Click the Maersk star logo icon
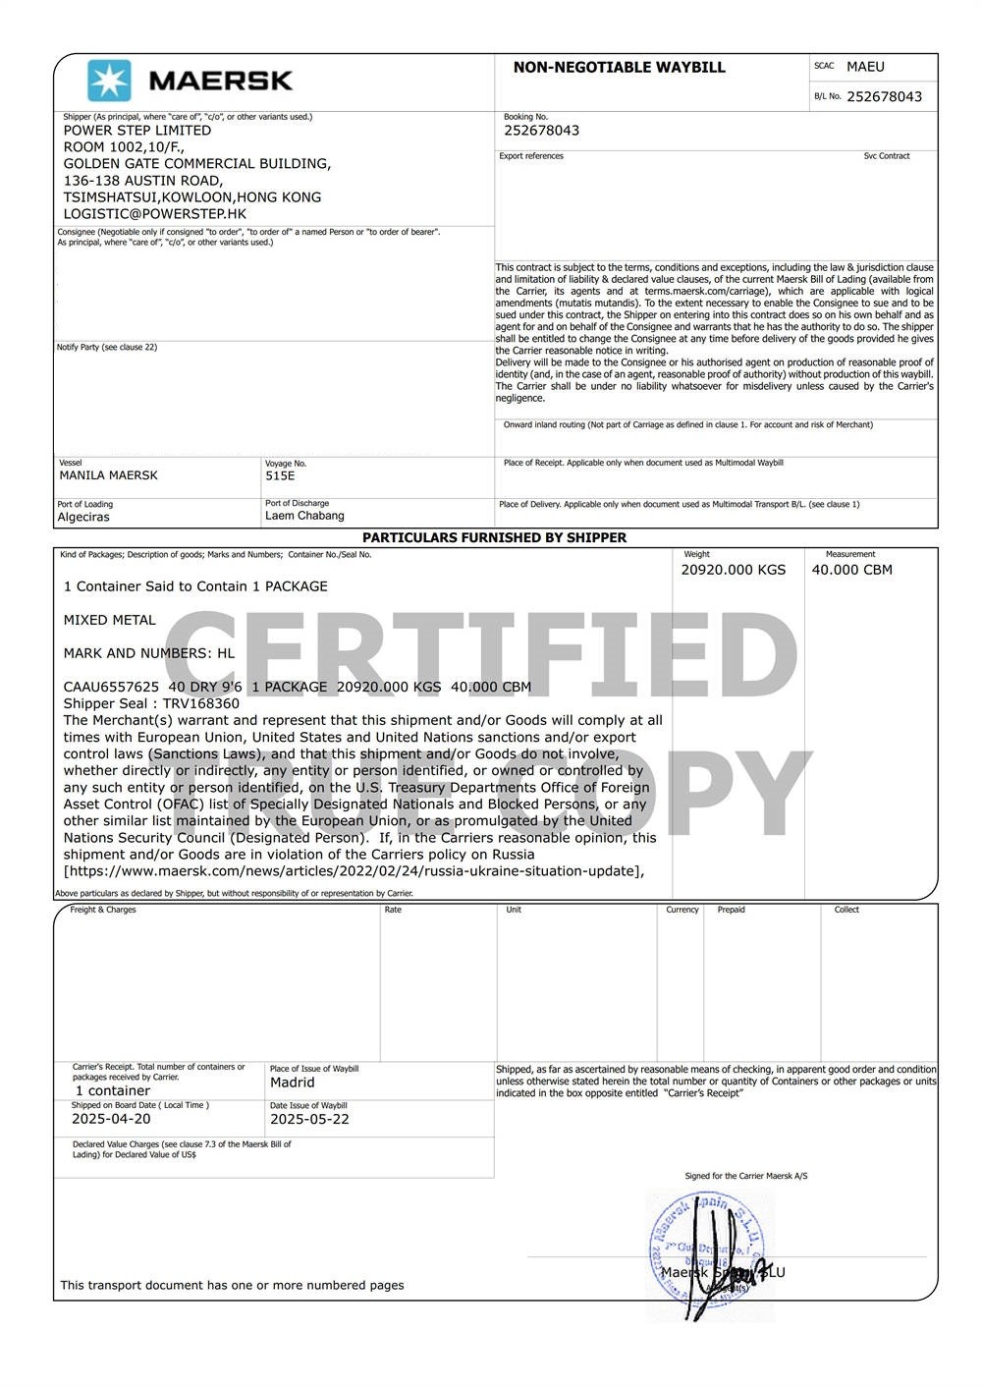pyautogui.click(x=109, y=82)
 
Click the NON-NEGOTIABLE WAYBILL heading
pyautogui.click(x=619, y=68)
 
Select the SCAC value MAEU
pyautogui.click(x=865, y=67)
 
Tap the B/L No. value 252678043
pyautogui.click(x=884, y=96)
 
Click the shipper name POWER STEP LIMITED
pyautogui.click(x=137, y=131)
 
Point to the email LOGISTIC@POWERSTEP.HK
pyautogui.click(x=155, y=214)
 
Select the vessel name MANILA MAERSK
pyautogui.click(x=108, y=475)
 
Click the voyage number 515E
pyautogui.click(x=280, y=475)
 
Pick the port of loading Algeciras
pyautogui.click(x=83, y=517)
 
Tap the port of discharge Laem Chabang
pyautogui.click(x=304, y=516)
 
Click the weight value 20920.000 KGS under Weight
pyautogui.click(x=734, y=570)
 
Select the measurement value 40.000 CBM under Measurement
pyautogui.click(x=851, y=570)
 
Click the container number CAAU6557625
pyautogui.click(x=111, y=687)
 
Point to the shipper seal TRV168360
pyautogui.click(x=200, y=703)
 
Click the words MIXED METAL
pyautogui.click(x=109, y=620)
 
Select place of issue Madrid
pyautogui.click(x=293, y=1083)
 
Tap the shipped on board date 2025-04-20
pyautogui.click(x=111, y=1119)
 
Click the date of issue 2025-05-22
pyautogui.click(x=309, y=1119)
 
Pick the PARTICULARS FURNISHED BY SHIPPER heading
pyautogui.click(x=494, y=537)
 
